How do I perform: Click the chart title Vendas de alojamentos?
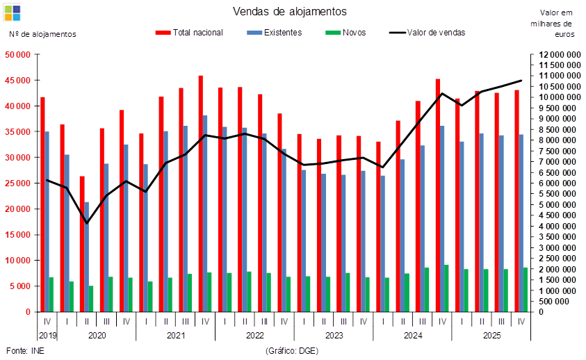[x=290, y=12]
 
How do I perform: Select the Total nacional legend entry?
[x=189, y=33]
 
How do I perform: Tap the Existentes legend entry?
[x=275, y=33]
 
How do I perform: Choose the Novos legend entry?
[x=345, y=33]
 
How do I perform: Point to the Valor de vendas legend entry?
[x=428, y=33]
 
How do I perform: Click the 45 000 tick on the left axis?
[x=17, y=81]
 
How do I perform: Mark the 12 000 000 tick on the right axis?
[x=560, y=55]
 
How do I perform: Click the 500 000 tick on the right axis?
[x=555, y=302]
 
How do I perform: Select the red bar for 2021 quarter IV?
[x=201, y=194]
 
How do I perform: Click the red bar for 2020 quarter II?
[x=82, y=244]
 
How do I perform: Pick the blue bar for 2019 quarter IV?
[x=47, y=222]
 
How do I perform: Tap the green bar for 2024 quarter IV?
[x=446, y=288]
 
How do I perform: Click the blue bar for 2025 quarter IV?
[x=521, y=223]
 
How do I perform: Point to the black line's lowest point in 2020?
[x=87, y=223]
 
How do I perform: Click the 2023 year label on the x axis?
[x=334, y=335]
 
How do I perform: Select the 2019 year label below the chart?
[x=47, y=335]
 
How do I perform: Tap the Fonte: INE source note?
[x=25, y=351]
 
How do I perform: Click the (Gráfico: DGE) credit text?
[x=292, y=351]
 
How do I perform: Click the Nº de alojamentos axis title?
[x=42, y=34]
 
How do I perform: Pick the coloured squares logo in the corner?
[x=13, y=13]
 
